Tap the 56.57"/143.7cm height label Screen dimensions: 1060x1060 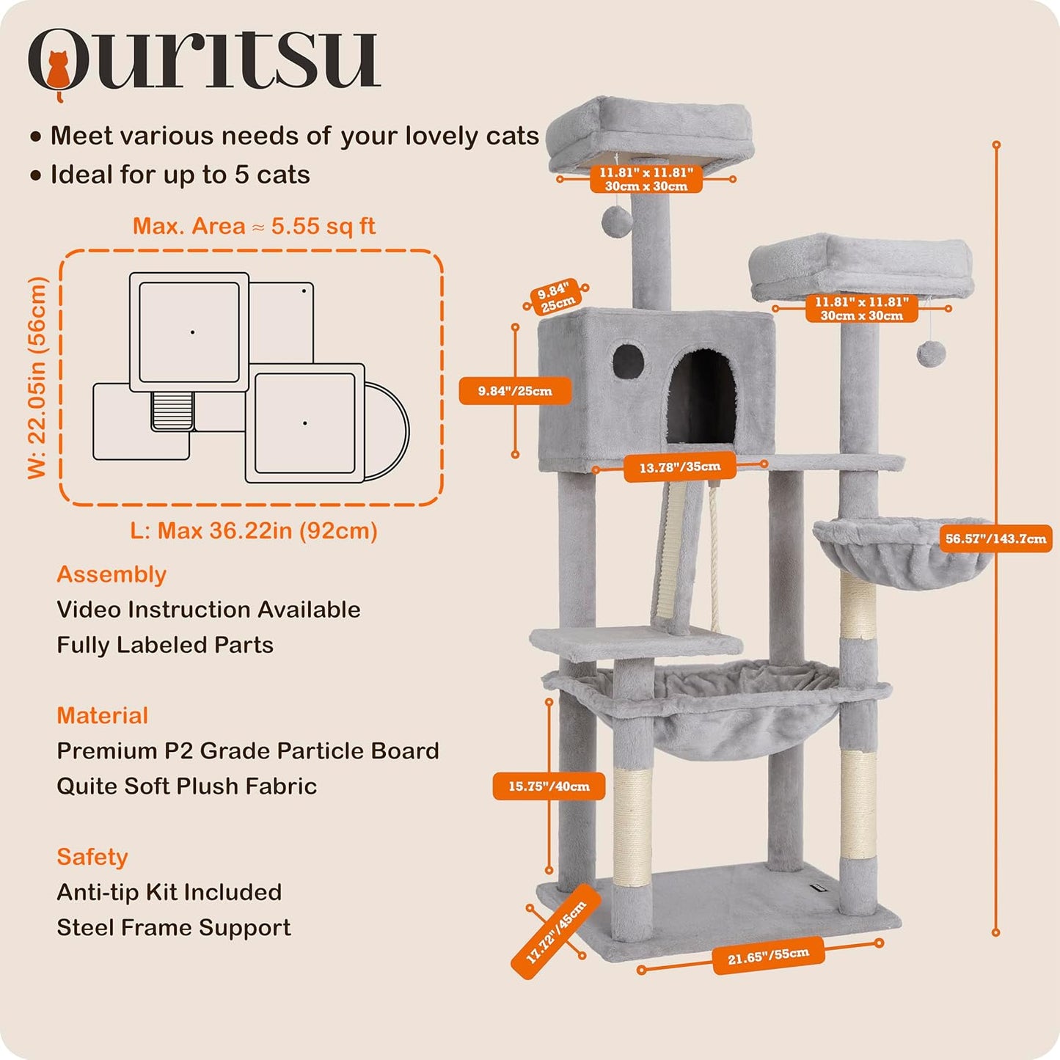pyautogui.click(x=995, y=539)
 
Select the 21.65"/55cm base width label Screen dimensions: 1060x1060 pyautogui.click(x=768, y=957)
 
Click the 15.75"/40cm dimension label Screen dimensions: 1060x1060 pyautogui.click(x=549, y=786)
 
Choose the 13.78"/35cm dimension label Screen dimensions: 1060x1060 pyautogui.click(x=679, y=467)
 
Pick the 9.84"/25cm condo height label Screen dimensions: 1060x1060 pyautogui.click(x=515, y=391)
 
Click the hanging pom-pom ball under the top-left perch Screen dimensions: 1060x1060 pyautogui.click(x=616, y=219)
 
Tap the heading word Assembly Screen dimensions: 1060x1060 pyautogui.click(x=112, y=574)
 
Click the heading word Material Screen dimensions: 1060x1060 pyautogui.click(x=103, y=715)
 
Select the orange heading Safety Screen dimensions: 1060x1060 pyautogui.click(x=92, y=857)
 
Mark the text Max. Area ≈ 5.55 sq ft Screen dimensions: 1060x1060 pyautogui.click(x=254, y=226)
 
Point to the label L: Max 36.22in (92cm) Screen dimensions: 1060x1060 pyautogui.click(x=254, y=530)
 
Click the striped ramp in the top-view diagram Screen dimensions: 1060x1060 pyautogui.click(x=172, y=410)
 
